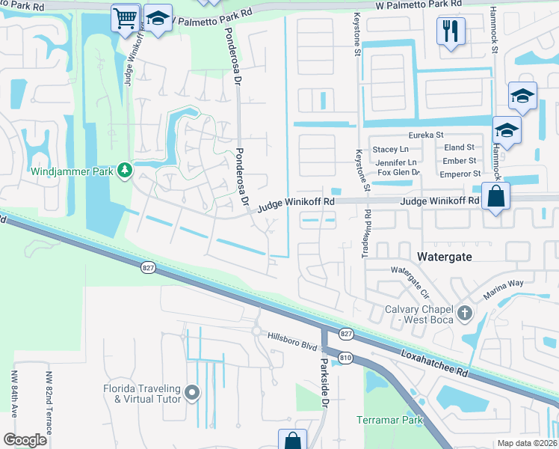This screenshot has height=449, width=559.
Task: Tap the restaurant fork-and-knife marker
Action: [451, 31]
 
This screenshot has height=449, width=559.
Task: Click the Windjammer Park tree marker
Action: [124, 171]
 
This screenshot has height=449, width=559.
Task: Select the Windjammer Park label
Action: [72, 171]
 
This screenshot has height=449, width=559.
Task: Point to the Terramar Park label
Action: [389, 420]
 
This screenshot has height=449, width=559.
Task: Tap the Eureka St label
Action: [426, 135]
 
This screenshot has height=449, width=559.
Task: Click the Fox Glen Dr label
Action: [399, 173]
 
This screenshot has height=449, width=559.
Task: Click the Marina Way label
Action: [504, 289]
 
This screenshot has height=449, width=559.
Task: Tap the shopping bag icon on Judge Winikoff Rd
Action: [495, 198]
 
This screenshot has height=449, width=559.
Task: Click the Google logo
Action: [25, 440]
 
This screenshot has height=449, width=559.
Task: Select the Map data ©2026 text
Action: [526, 443]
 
